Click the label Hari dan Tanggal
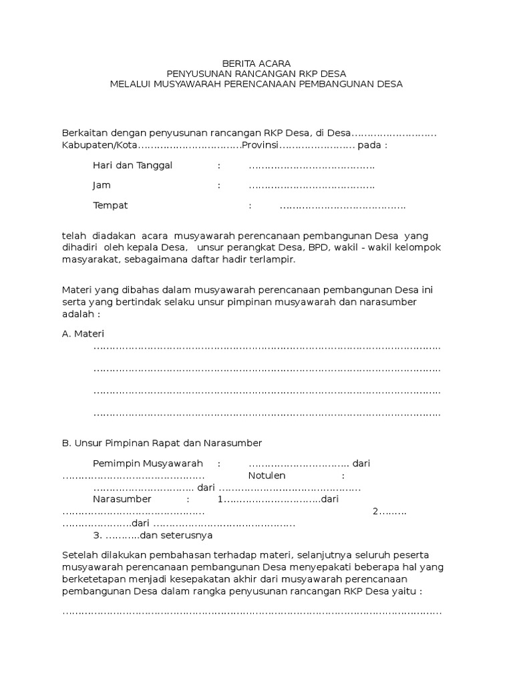[133, 165]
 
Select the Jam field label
[102, 185]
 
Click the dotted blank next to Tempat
[342, 206]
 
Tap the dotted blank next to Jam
[311, 186]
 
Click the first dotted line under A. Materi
[267, 349]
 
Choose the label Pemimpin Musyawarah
[148, 463]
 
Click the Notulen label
[267, 475]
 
